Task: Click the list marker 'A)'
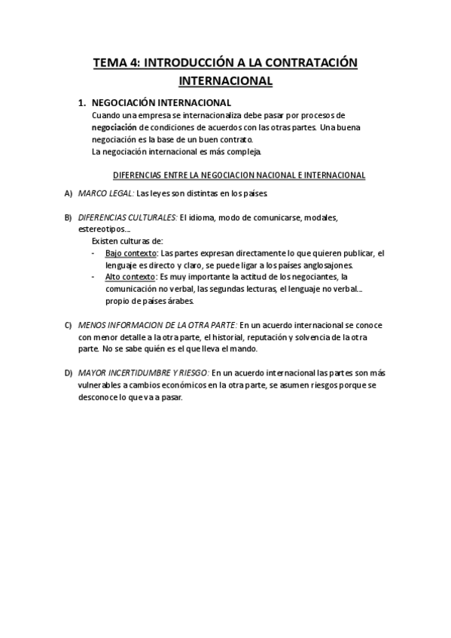(x=69, y=193)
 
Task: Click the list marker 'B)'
(x=69, y=217)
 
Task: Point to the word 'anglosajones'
(x=328, y=265)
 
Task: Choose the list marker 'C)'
(x=69, y=324)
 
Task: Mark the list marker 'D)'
(x=69, y=372)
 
